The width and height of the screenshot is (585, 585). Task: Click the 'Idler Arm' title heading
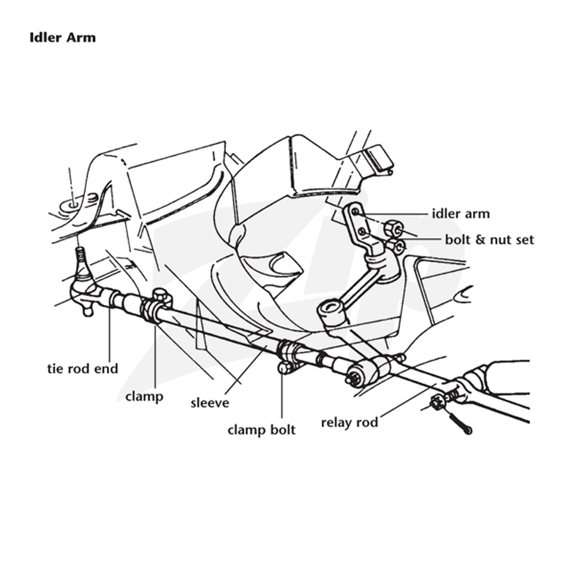tap(63, 38)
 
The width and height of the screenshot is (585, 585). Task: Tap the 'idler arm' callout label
tap(461, 214)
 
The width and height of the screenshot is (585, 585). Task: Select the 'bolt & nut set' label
tap(489, 240)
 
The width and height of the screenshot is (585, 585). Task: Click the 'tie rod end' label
tap(83, 369)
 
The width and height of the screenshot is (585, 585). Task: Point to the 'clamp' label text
tap(144, 396)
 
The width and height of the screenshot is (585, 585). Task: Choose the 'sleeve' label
tap(210, 403)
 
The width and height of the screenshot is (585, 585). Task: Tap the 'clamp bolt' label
tap(261, 430)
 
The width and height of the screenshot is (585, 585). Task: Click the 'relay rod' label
tap(350, 423)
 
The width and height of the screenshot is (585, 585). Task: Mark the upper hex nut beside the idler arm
tap(393, 227)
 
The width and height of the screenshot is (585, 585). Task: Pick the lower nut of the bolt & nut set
tap(396, 246)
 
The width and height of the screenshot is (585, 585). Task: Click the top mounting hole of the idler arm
tap(355, 212)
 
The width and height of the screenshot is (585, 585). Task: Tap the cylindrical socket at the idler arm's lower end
tap(331, 312)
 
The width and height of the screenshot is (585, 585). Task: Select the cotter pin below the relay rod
tap(458, 422)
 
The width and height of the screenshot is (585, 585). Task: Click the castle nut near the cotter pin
tap(437, 403)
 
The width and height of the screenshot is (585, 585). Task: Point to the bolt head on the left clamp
tap(159, 295)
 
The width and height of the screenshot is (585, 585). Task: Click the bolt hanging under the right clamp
tap(284, 368)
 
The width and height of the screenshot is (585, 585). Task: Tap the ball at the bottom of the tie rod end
tap(88, 310)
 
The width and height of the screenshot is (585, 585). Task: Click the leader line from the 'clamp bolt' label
tap(282, 396)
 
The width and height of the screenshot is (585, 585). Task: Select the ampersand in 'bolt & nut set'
tap(480, 240)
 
